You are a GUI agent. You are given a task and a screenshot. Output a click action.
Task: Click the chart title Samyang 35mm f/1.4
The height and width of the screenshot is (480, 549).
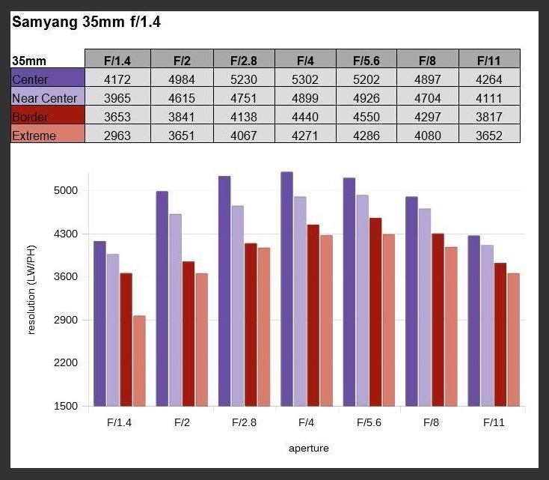[x=86, y=22]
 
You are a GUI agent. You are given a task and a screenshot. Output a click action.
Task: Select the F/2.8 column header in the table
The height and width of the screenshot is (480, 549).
[x=244, y=59]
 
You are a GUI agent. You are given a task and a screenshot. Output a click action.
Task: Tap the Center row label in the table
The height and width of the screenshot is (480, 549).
[x=48, y=79]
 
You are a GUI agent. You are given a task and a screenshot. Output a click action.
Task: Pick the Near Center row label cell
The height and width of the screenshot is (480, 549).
[x=48, y=97]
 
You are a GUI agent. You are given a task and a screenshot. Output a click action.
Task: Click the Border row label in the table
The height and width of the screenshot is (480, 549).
[x=48, y=116]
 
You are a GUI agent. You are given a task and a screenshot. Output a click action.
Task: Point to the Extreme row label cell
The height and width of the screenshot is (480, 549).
[x=48, y=136]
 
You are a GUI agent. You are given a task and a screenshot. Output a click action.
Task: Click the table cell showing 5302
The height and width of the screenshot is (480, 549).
[x=305, y=79]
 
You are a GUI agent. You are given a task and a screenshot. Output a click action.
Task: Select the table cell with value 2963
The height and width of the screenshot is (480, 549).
[x=120, y=136]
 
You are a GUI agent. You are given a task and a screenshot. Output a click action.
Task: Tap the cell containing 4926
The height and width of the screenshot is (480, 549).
[x=366, y=97]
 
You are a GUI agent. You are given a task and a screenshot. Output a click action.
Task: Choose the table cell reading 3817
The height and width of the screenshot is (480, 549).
[x=489, y=116]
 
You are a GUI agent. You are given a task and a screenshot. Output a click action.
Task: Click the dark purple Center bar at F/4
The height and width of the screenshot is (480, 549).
[x=286, y=289]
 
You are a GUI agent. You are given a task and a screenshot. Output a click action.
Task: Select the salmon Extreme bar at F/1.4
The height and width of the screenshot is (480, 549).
[x=139, y=361]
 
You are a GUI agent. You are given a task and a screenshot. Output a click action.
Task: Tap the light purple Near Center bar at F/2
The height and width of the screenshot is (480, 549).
[x=175, y=310]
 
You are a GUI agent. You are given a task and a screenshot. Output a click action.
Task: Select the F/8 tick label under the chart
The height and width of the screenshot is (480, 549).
[x=431, y=422]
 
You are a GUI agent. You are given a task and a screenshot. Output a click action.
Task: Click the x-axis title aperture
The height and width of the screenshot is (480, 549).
[x=308, y=449]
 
